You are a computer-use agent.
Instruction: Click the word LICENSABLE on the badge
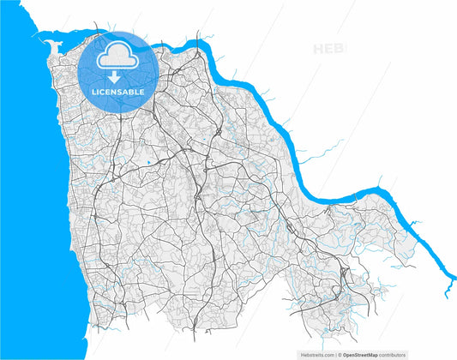tap(118, 91)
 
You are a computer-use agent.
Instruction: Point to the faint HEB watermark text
tap(329, 49)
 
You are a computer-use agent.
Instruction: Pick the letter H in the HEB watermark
tap(319, 49)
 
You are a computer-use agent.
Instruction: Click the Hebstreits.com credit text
tap(316, 354)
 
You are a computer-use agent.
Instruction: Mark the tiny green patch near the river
tap(269, 139)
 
